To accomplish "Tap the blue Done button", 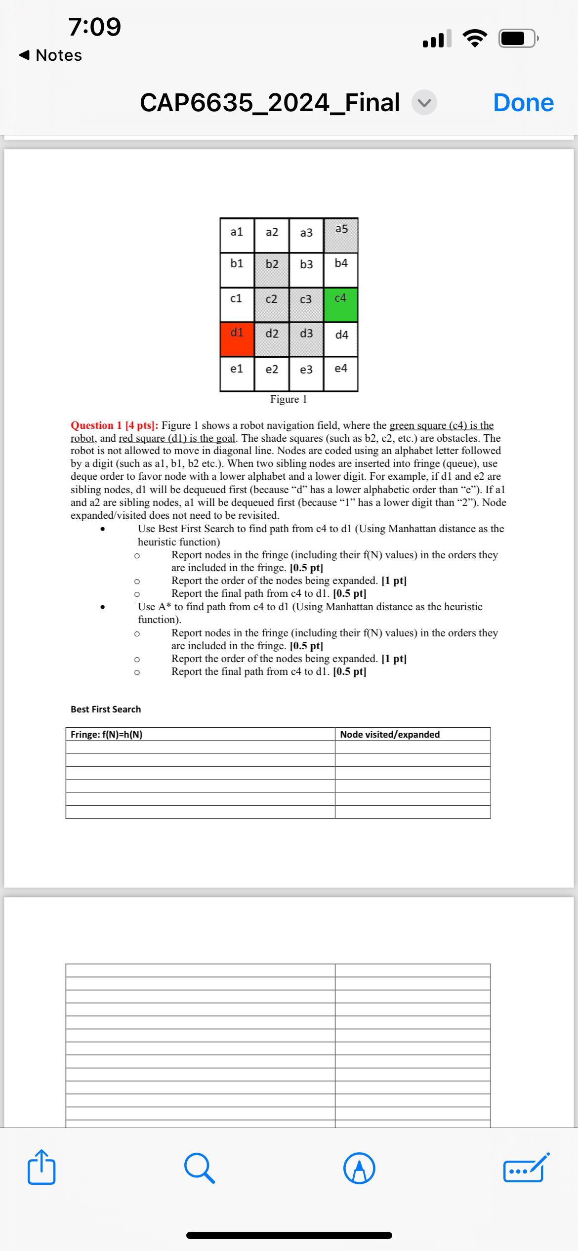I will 523,103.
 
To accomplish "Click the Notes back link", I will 50,55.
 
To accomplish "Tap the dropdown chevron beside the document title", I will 424,103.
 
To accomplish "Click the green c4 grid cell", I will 341,304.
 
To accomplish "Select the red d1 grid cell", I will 237,339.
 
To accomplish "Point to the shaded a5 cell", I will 341,235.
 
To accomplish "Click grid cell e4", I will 341,374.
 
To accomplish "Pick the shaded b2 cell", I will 272,269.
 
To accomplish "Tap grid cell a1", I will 237,235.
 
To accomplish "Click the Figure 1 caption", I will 289,399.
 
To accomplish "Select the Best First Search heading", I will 106,709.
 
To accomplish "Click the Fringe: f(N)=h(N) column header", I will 107,734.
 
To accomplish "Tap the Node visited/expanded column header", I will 390,734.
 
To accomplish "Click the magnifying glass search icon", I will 199,1168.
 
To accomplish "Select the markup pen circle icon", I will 359,1168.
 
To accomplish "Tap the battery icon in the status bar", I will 518,38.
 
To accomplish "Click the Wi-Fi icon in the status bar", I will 475,38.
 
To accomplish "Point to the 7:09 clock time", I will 94,27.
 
